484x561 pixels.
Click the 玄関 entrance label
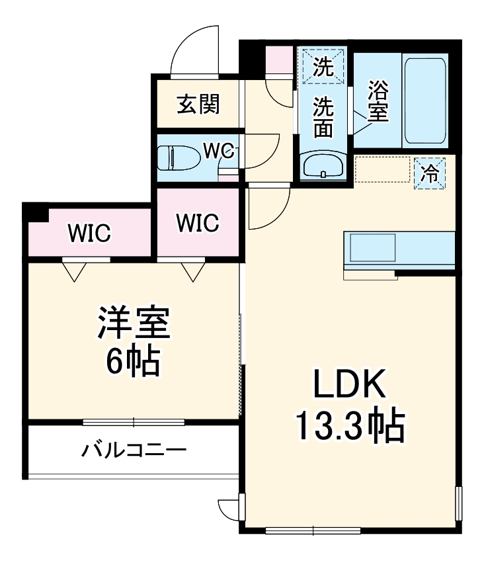198,104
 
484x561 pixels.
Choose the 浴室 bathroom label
378,100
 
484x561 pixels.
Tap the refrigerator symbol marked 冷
430,174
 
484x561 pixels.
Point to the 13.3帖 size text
348,427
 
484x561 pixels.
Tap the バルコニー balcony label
134,452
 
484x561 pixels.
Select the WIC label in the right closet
197,223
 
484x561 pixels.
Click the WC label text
218,151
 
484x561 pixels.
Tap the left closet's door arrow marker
73,271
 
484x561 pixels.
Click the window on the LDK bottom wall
313,530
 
